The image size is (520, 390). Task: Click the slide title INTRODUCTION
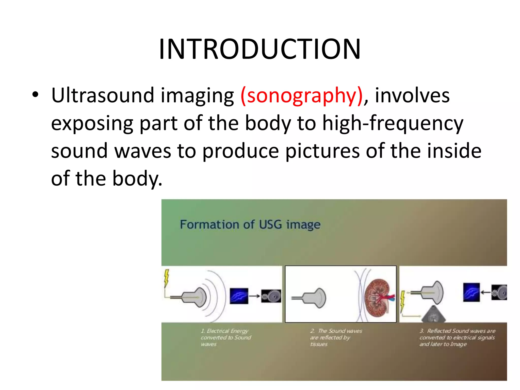pyautogui.click(x=259, y=49)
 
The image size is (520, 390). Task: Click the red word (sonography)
pyautogui.click(x=302, y=96)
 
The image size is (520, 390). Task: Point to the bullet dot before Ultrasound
pyautogui.click(x=35, y=95)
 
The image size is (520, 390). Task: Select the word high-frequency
pyautogui.click(x=393, y=123)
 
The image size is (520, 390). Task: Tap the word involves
pyautogui.click(x=412, y=95)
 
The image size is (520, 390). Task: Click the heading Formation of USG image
pyautogui.click(x=250, y=224)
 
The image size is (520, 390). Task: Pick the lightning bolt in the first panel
pyautogui.click(x=166, y=279)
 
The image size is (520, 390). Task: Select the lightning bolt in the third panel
pyautogui.click(x=402, y=301)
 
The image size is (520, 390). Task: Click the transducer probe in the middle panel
pyautogui.click(x=311, y=298)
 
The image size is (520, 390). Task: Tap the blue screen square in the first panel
pyautogui.click(x=239, y=296)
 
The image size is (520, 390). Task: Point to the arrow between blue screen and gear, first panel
pyautogui.click(x=254, y=296)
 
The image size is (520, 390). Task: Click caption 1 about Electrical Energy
pyautogui.click(x=225, y=337)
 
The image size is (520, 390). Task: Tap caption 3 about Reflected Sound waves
pyautogui.click(x=457, y=337)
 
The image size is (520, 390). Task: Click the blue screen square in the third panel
pyautogui.click(x=471, y=292)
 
